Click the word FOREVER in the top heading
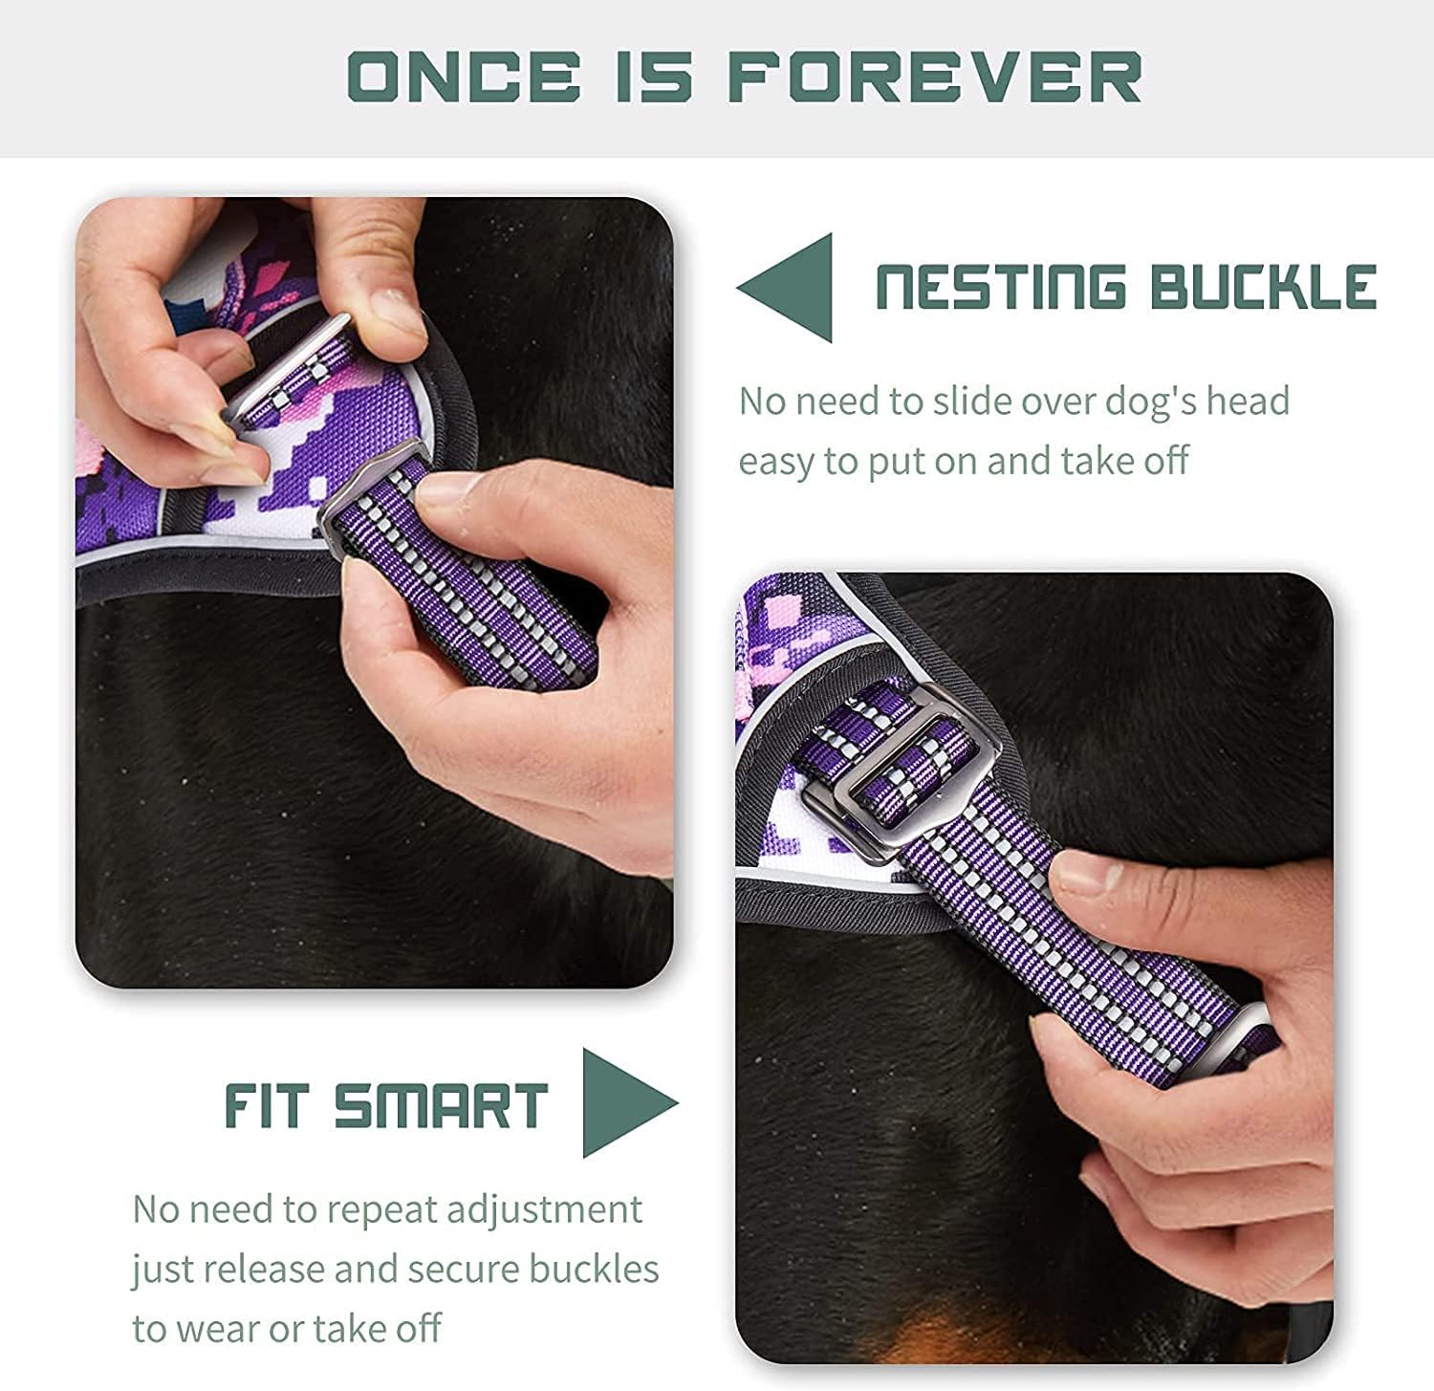point(935,76)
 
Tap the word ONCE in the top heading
point(464,76)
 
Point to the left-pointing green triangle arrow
point(785,288)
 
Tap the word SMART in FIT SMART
point(441,1106)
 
